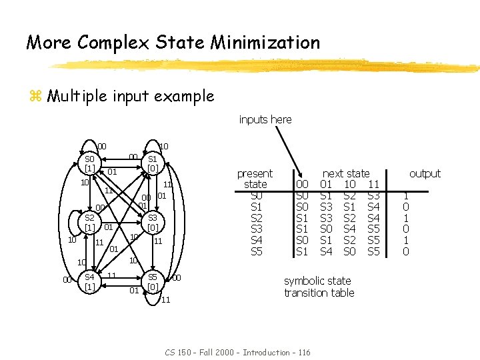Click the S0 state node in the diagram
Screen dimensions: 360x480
pyautogui.click(x=89, y=163)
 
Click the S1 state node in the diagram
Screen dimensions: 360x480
pyautogui.click(x=152, y=163)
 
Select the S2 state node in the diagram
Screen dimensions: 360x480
pyautogui.click(x=89, y=222)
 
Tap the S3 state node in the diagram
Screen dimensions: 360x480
pyautogui.click(x=152, y=222)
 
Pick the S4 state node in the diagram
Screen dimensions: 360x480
pyautogui.click(x=89, y=281)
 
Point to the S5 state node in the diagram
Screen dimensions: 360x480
pyautogui.click(x=152, y=281)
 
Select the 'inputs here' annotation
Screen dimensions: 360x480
pyautogui.click(x=265, y=119)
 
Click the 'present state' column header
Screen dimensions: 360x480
pyautogui.click(x=255, y=179)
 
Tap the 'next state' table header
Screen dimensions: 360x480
pyautogui.click(x=346, y=173)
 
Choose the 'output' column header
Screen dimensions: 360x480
pyautogui.click(x=425, y=173)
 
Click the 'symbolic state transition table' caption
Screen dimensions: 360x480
pyautogui.click(x=319, y=287)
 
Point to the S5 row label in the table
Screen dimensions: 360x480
pyautogui.click(x=256, y=252)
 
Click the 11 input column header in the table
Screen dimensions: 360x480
pyautogui.click(x=373, y=184)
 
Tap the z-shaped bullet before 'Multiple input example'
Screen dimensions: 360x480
pyautogui.click(x=35, y=96)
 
